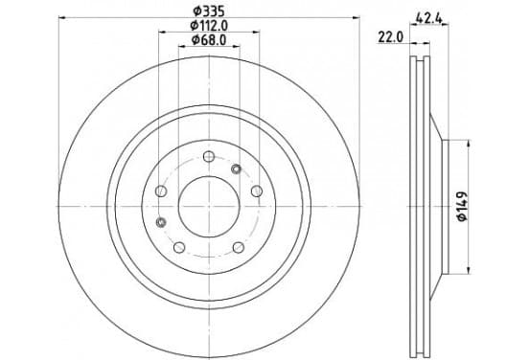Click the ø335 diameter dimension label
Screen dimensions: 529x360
click(x=209, y=11)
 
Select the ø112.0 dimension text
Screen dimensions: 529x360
click(x=209, y=26)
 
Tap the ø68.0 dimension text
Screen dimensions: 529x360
click(x=209, y=40)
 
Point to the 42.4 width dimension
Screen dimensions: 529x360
click(x=428, y=18)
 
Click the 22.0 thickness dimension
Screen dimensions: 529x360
click(x=390, y=37)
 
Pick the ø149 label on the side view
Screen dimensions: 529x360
click(x=462, y=206)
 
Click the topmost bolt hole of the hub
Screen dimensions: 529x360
click(x=209, y=156)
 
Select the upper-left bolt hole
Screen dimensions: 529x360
click(x=161, y=191)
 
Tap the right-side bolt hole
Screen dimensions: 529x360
click(x=257, y=191)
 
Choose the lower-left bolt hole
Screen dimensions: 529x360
click(x=179, y=247)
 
